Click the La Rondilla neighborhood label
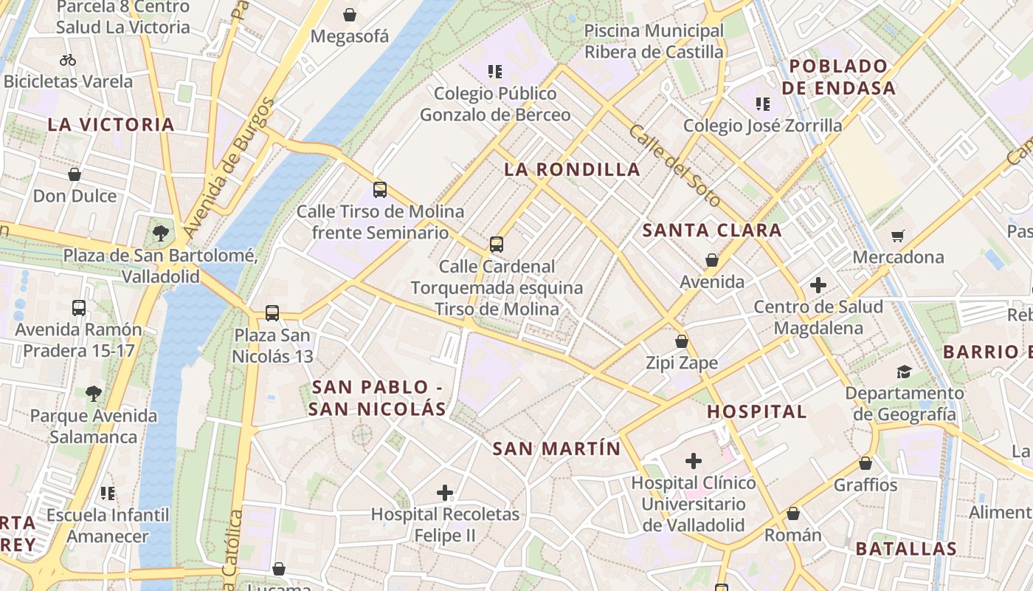tap(572, 169)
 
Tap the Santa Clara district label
tap(711, 230)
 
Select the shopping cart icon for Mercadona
tap(898, 236)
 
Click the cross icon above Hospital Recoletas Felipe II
tap(445, 492)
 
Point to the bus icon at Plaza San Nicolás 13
tap(272, 313)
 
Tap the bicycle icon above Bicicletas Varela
tap(68, 60)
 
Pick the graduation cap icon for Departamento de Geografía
tap(904, 372)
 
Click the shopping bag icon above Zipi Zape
tap(682, 341)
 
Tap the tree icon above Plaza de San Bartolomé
tap(160, 233)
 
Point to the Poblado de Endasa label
tap(838, 77)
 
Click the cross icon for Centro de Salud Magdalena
tap(818, 284)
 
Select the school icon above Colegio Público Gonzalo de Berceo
tap(495, 72)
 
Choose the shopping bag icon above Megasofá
tap(350, 15)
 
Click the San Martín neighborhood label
tap(556, 448)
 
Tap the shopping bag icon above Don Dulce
tap(75, 174)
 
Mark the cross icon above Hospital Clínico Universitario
tap(693, 461)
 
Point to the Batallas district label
tap(906, 548)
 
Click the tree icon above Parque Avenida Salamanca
tap(93, 393)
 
